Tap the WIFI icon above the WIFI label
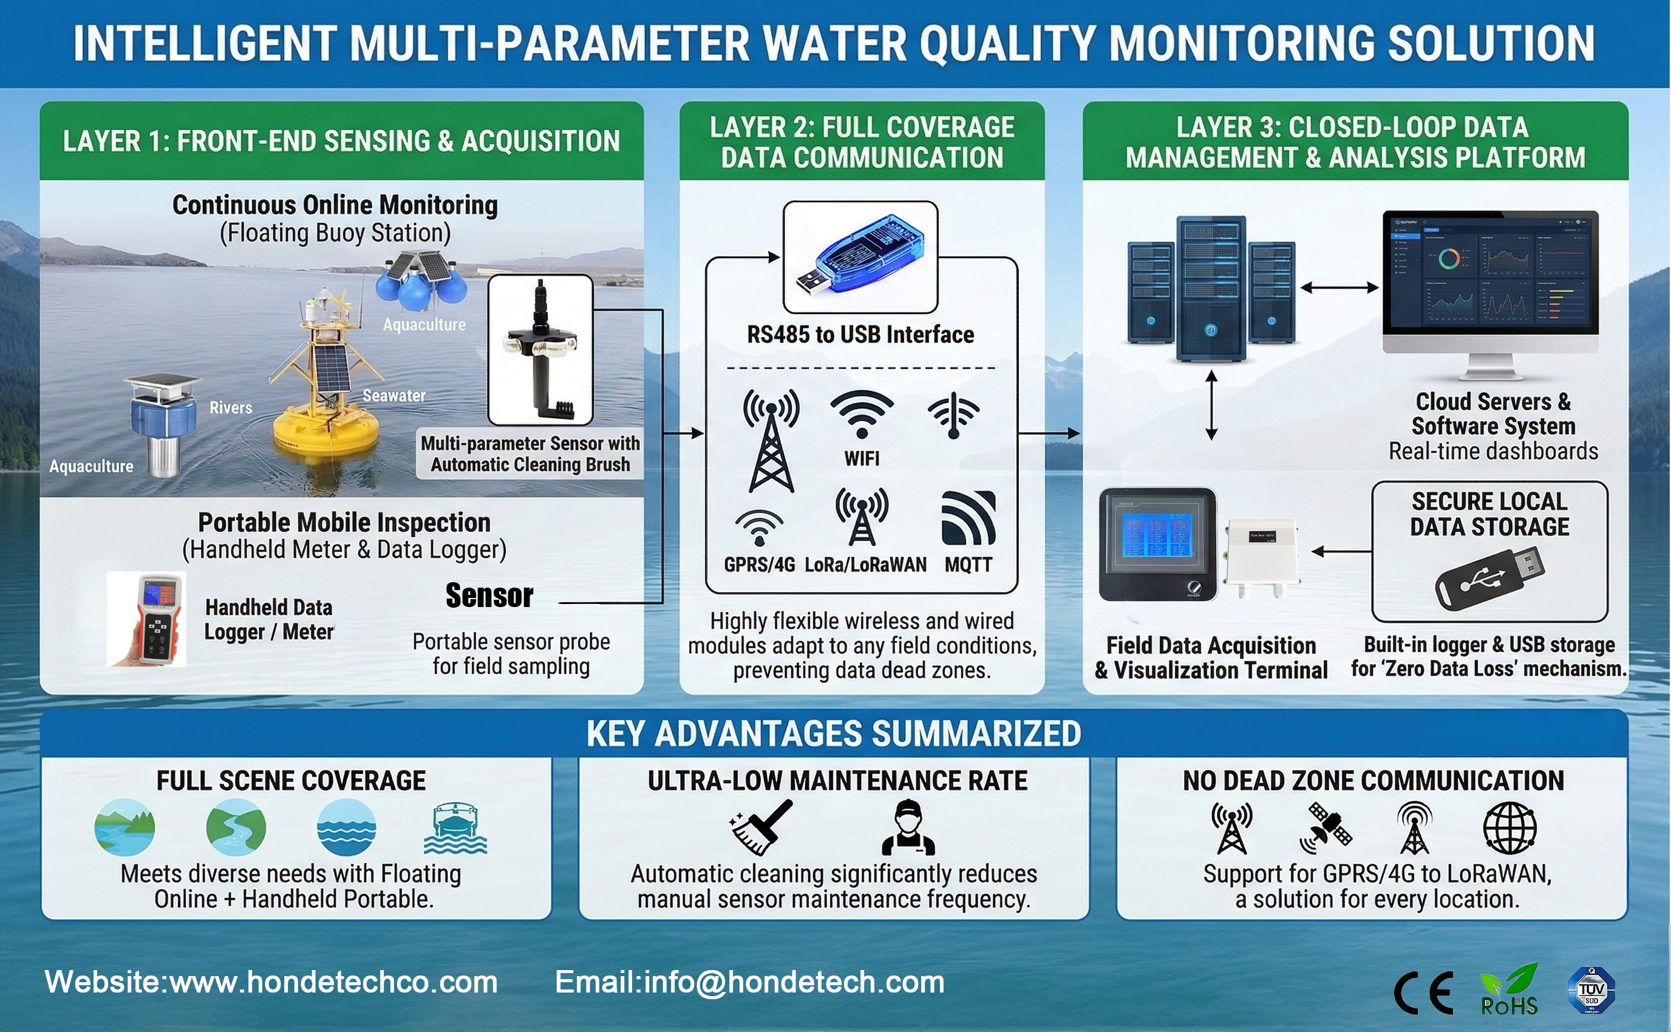point(862,413)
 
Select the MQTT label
point(968,565)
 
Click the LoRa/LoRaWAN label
point(865,565)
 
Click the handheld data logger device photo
point(148,619)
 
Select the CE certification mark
point(1423,993)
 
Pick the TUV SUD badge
point(1591,990)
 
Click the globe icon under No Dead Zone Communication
point(1510,828)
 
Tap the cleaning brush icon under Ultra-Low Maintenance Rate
point(761,827)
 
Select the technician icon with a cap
point(908,827)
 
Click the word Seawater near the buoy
point(394,396)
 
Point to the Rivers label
point(231,408)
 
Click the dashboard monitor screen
point(1490,273)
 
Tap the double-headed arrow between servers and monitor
point(1339,287)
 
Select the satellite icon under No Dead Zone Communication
point(1326,828)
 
